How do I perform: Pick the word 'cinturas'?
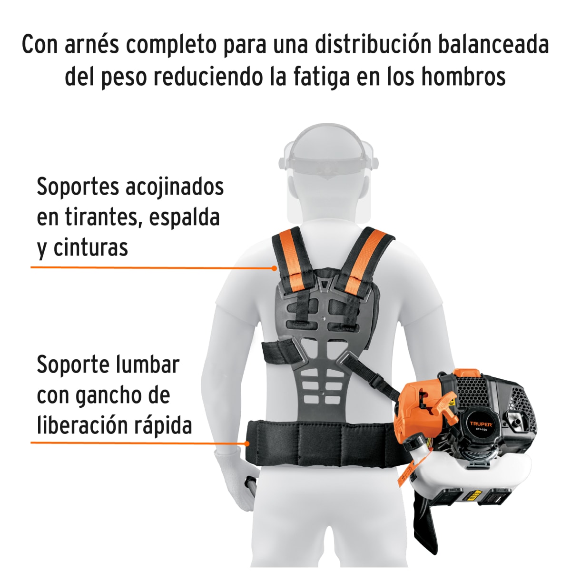pyautogui.click(x=90, y=248)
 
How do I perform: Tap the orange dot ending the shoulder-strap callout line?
pyautogui.click(x=275, y=268)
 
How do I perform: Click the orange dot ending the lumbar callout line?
pyautogui.click(x=246, y=443)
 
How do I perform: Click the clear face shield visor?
pyautogui.click(x=328, y=190)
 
